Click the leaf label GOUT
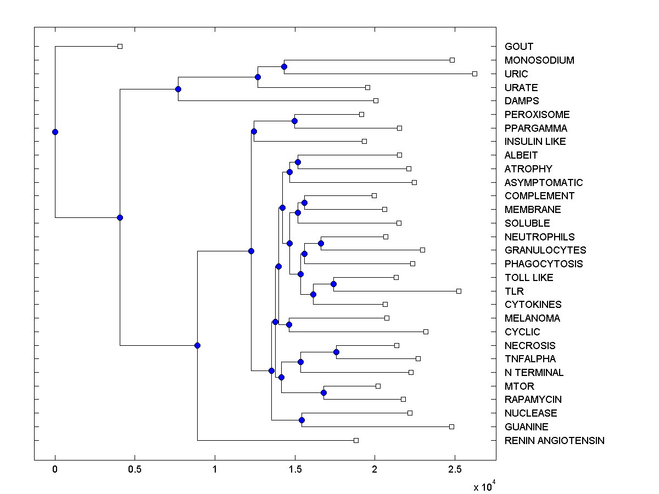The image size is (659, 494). (519, 47)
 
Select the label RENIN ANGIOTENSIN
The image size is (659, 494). (554, 440)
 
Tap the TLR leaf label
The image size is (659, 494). (514, 291)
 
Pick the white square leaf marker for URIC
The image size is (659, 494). (475, 74)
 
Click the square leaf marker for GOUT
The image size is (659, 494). (120, 46)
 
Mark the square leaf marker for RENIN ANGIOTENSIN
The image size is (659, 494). (356, 440)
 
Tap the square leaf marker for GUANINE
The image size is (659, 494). (451, 426)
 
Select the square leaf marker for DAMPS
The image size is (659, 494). (376, 100)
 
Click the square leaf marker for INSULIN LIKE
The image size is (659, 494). (364, 141)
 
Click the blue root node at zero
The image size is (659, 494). (55, 132)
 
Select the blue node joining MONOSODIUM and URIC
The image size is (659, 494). (284, 67)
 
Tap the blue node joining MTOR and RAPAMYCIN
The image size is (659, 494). (323, 392)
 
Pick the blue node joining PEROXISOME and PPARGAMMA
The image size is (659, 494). (294, 121)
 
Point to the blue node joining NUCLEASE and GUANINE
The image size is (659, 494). (301, 420)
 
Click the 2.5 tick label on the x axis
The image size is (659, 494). (455, 469)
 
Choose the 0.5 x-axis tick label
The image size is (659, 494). (135, 469)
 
